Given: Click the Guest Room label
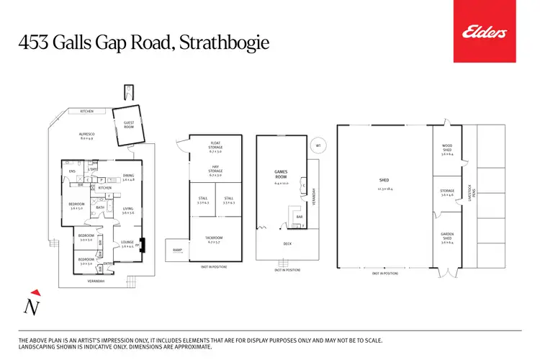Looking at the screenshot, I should point(129,124).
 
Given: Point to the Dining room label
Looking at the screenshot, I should point(128,176).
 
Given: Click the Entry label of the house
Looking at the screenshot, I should point(109,264).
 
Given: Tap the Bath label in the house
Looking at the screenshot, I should point(100,208).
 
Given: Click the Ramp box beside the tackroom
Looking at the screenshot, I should point(177,251).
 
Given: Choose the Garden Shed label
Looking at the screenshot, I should point(446,236).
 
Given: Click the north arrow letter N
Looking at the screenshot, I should point(32,307).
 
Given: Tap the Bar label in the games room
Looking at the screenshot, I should point(297,215).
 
